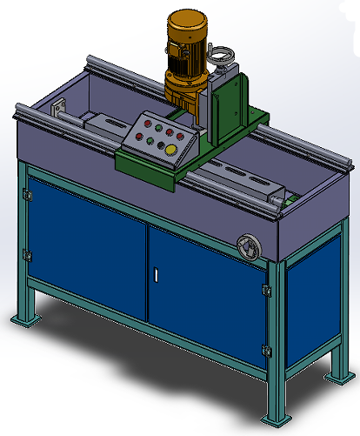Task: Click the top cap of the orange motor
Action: click(193, 17)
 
